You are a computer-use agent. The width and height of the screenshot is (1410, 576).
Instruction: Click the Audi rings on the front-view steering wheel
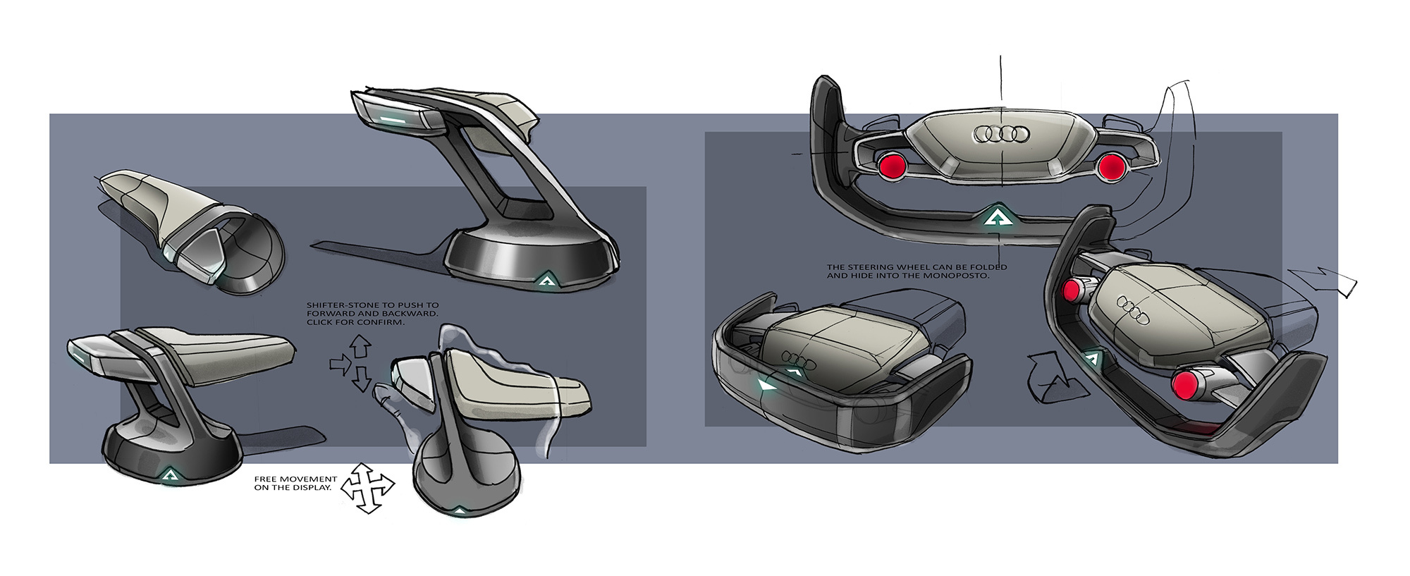[x=1000, y=134]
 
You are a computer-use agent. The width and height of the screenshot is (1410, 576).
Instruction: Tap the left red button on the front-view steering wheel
[x=892, y=166]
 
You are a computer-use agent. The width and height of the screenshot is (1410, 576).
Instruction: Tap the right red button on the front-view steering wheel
[x=1110, y=166]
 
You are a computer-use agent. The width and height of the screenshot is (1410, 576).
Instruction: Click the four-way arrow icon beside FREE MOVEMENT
[x=367, y=488]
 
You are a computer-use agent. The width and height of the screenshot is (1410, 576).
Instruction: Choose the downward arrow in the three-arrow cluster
[x=361, y=379]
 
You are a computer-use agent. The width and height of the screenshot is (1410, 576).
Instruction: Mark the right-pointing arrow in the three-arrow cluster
[x=340, y=364]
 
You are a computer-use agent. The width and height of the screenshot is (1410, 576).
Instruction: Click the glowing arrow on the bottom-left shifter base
[x=169, y=476]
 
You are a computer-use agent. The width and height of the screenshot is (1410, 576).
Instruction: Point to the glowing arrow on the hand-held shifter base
[x=459, y=510]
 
